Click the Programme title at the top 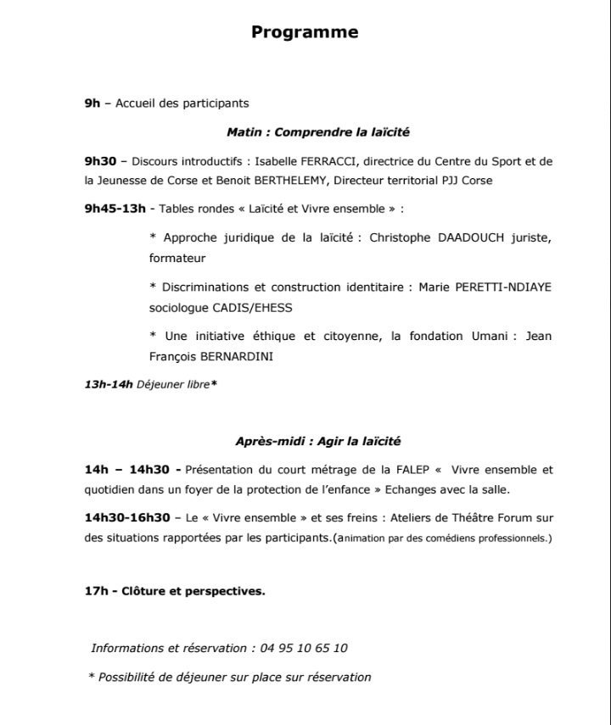305,32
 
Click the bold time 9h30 100,160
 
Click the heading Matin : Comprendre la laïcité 318,132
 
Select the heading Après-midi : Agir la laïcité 318,441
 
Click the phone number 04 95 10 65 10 302,648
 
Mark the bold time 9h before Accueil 92,103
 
